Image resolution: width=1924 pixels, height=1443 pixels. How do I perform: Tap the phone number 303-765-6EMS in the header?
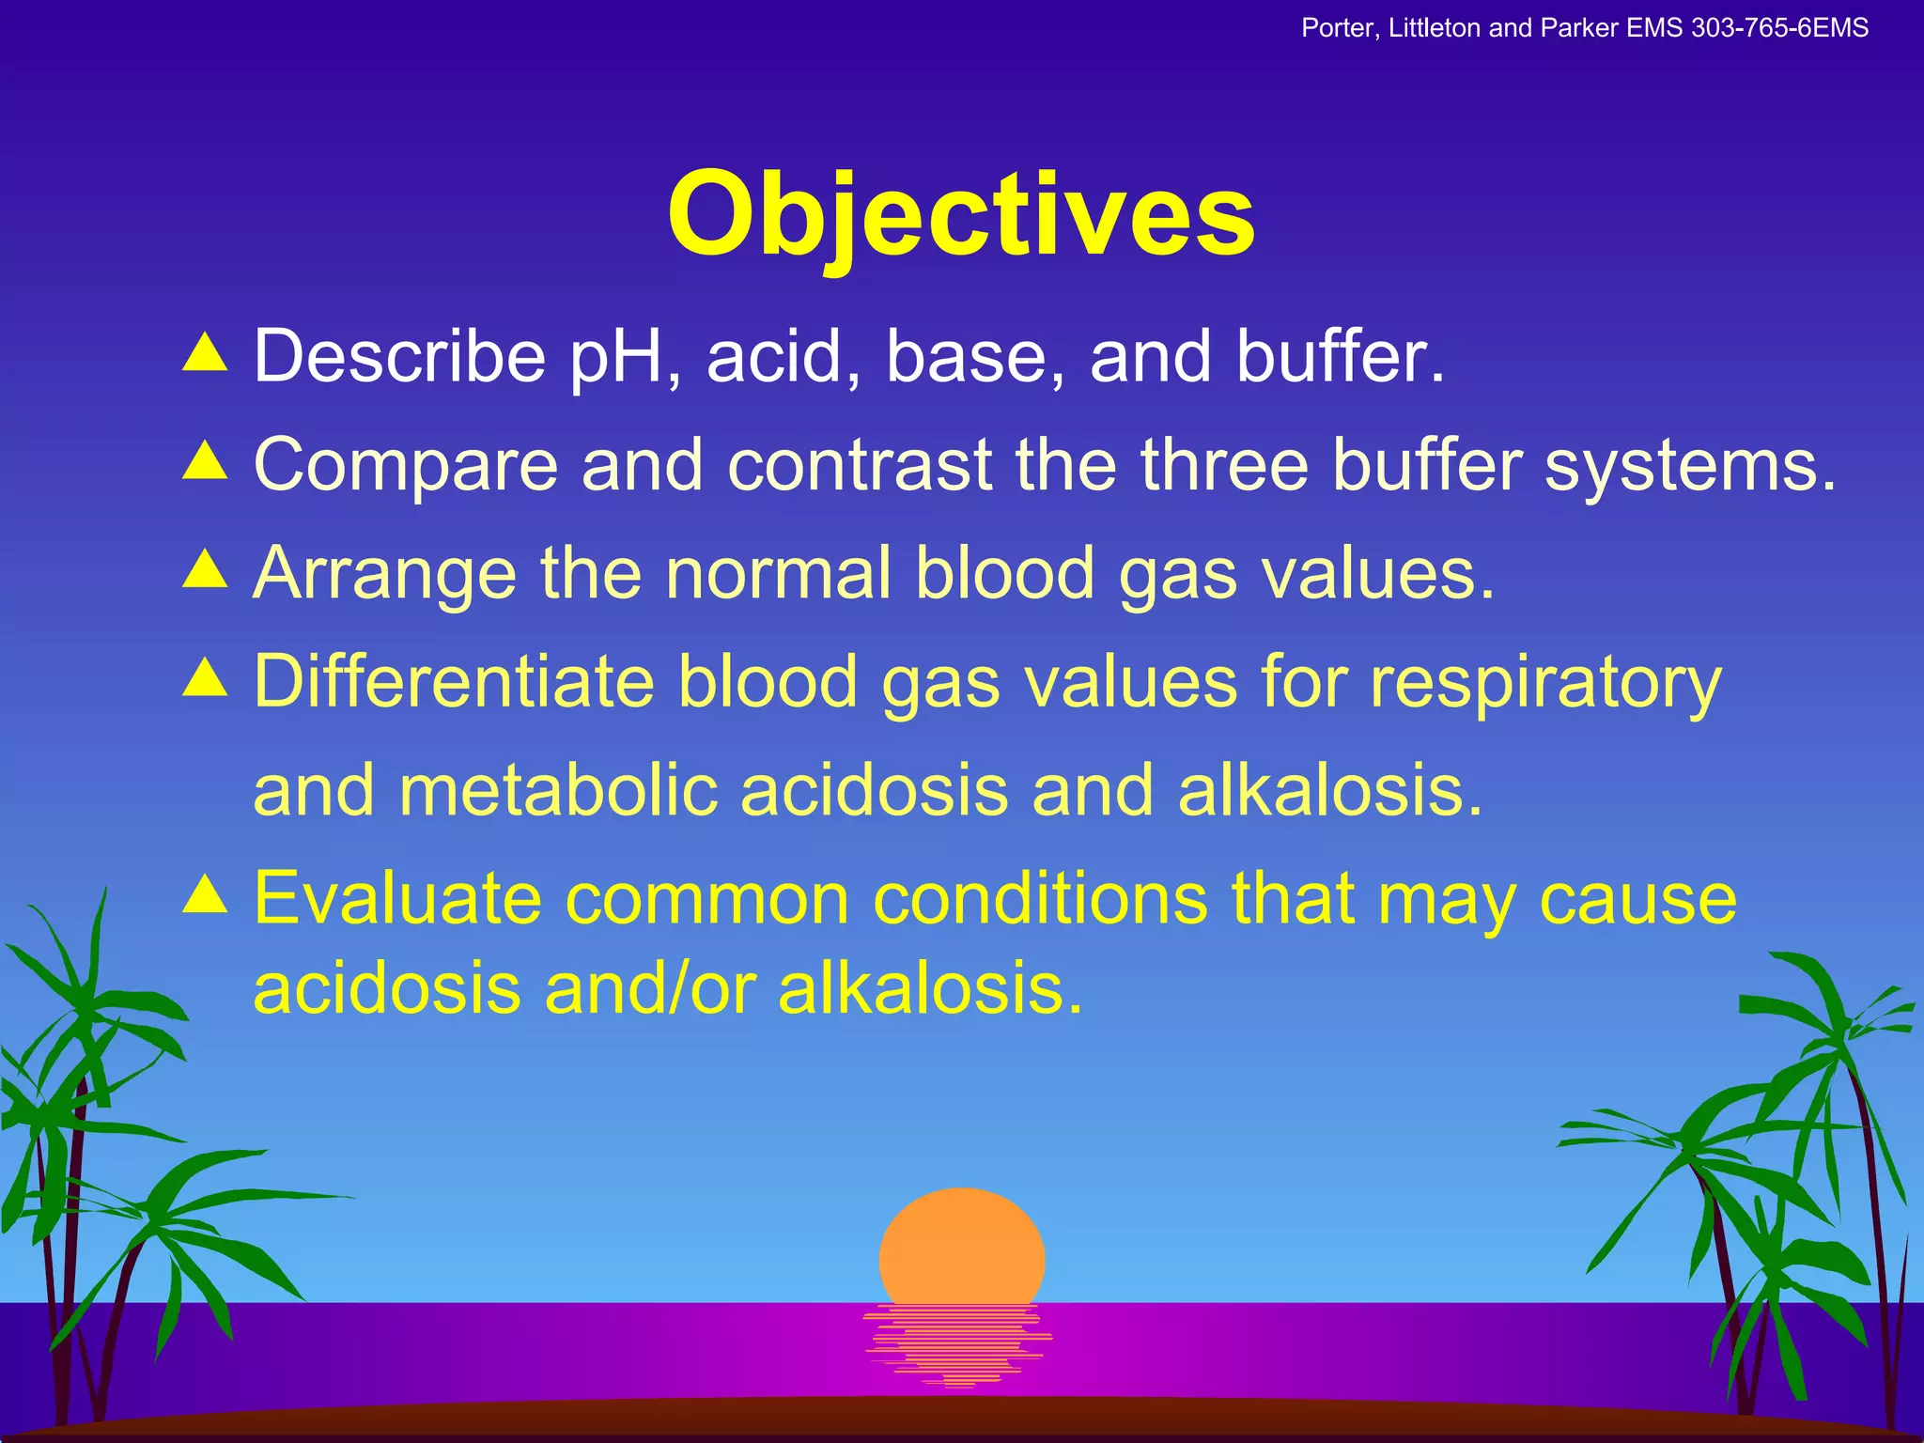click(1779, 28)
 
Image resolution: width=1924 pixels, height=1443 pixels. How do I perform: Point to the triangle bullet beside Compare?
click(205, 461)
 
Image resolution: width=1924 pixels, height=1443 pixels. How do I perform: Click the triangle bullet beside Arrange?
click(205, 569)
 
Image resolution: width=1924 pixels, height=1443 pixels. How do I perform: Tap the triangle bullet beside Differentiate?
click(205, 677)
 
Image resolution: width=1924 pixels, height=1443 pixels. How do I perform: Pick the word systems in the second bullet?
click(1689, 466)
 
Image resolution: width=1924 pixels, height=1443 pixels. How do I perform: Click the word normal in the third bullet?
click(779, 572)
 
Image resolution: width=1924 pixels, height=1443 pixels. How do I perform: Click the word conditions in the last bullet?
click(1040, 898)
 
